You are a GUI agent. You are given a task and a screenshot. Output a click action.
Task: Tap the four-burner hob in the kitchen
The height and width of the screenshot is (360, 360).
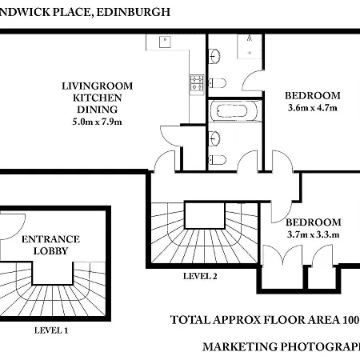[194, 81]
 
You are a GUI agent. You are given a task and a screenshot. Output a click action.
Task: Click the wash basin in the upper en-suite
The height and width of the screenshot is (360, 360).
[215, 55]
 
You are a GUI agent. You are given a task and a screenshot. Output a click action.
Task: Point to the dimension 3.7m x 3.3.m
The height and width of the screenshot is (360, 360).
[314, 234]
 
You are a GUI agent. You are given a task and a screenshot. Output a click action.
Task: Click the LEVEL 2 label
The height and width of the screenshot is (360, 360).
[199, 277]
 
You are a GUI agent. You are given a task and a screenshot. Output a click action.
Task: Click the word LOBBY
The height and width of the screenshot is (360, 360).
[50, 251]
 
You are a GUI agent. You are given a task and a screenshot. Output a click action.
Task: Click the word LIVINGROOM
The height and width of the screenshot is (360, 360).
[97, 86]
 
